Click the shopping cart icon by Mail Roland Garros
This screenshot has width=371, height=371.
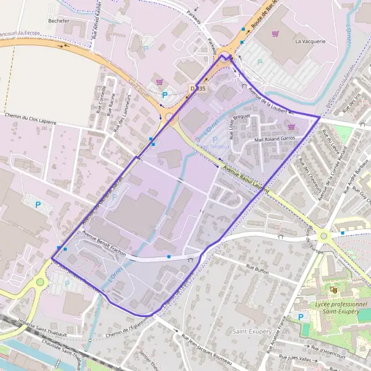click(x=291, y=127)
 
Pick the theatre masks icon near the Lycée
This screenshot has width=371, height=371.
click(x=333, y=289)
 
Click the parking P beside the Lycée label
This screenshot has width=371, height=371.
click(x=301, y=317)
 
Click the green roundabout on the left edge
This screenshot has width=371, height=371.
click(x=40, y=282)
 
